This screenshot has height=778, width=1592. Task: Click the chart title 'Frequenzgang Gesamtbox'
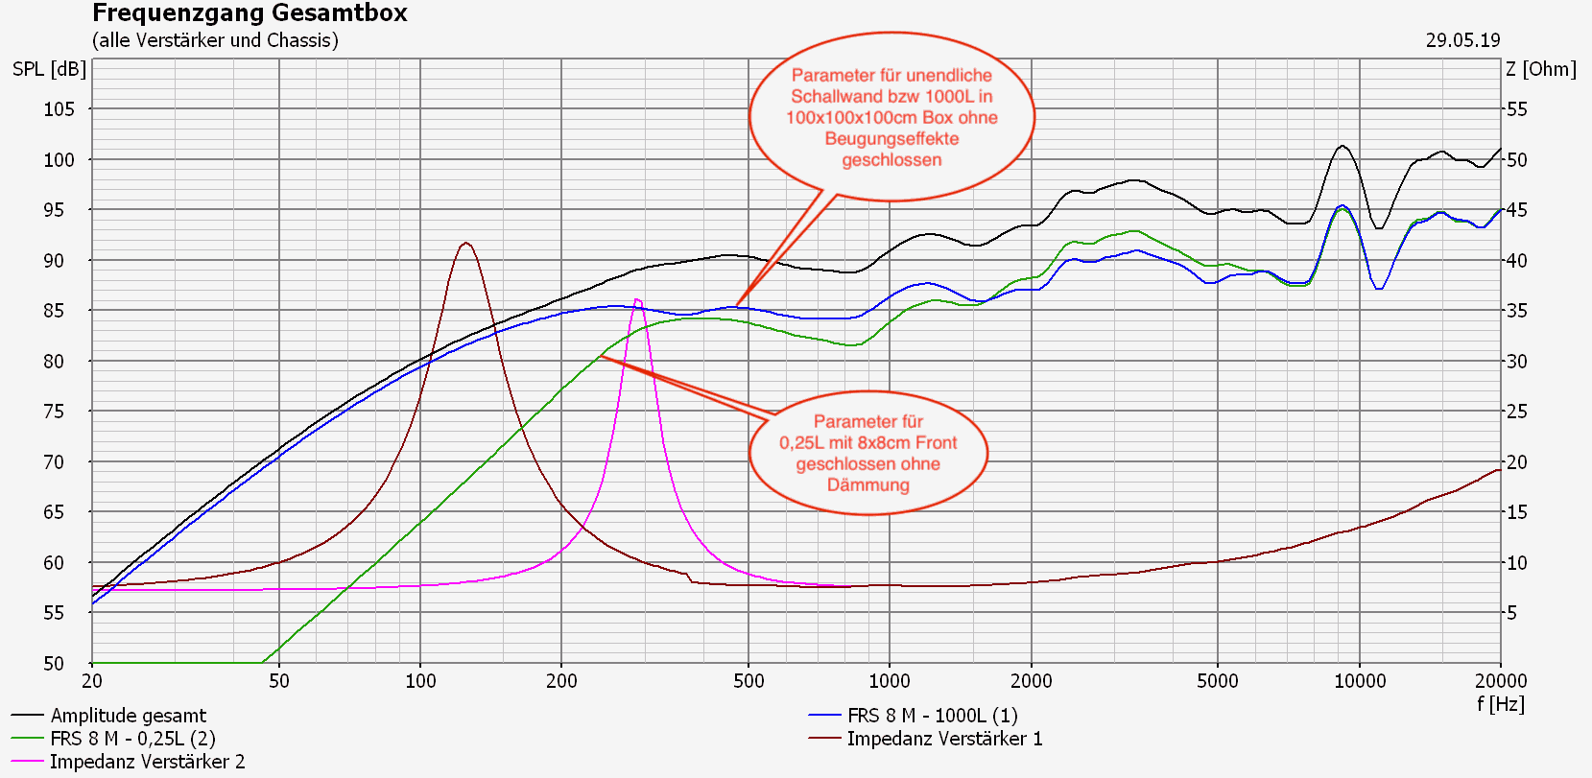[249, 13]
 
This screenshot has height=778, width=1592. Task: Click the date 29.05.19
[1461, 40]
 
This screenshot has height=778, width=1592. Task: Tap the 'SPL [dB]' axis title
[49, 69]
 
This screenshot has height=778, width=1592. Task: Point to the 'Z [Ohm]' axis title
[1540, 69]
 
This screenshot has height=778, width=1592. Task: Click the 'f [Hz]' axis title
[1500, 704]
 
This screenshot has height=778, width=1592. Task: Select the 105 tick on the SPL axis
[59, 109]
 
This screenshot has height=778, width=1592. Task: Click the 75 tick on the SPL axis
[59, 412]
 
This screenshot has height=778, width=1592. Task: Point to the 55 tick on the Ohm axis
[1516, 109]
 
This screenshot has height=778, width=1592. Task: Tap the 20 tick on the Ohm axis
[1516, 462]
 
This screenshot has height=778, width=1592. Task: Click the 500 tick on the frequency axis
[748, 681]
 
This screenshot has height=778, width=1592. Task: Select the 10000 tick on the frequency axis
[1360, 681]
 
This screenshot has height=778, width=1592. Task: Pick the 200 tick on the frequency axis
[561, 681]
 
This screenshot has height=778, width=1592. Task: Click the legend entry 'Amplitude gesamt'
[128, 716]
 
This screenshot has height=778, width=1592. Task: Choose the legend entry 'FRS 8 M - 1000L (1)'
[932, 716]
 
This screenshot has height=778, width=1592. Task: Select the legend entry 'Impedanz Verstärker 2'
[147, 762]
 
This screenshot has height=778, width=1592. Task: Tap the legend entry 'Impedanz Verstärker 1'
[944, 739]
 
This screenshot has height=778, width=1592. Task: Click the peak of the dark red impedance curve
[466, 243]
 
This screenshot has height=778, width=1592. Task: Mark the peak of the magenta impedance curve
[637, 299]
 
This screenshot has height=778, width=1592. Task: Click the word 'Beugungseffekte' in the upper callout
[891, 139]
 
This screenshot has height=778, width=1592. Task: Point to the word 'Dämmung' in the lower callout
[867, 485]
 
